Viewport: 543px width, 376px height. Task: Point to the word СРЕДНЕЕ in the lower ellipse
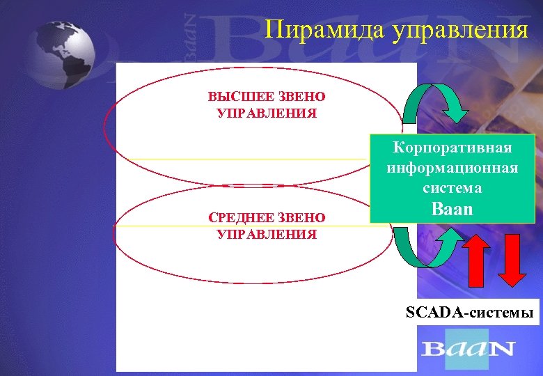point(238,218)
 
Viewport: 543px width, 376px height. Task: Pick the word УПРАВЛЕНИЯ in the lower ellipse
point(267,234)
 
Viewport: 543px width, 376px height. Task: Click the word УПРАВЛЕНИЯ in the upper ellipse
point(267,112)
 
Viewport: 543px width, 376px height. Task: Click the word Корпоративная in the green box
point(452,148)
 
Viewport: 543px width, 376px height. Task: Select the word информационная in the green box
point(452,168)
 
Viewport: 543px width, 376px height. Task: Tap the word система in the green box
point(452,187)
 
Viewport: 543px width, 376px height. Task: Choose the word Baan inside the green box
point(452,208)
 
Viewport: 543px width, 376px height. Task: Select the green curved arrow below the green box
point(426,246)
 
